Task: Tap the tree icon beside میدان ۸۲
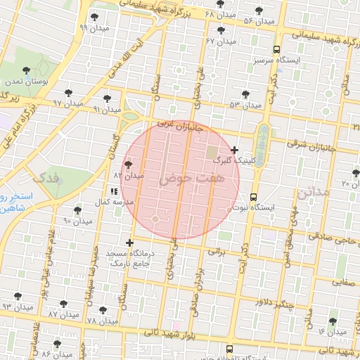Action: [128, 165]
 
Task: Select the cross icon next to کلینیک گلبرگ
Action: [235, 149]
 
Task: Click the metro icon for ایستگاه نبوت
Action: [253, 198]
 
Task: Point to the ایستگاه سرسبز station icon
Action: [276, 50]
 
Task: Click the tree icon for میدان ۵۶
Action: [259, 11]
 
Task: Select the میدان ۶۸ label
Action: [219, 15]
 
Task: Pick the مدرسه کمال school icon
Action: [114, 191]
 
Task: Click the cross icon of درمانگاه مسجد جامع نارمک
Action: [129, 243]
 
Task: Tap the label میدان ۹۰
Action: [78, 221]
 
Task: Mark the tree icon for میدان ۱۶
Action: [333, 321]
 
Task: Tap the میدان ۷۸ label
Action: [101, 321]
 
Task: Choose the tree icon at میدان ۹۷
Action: [68, 92]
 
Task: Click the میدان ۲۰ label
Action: [350, 184]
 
